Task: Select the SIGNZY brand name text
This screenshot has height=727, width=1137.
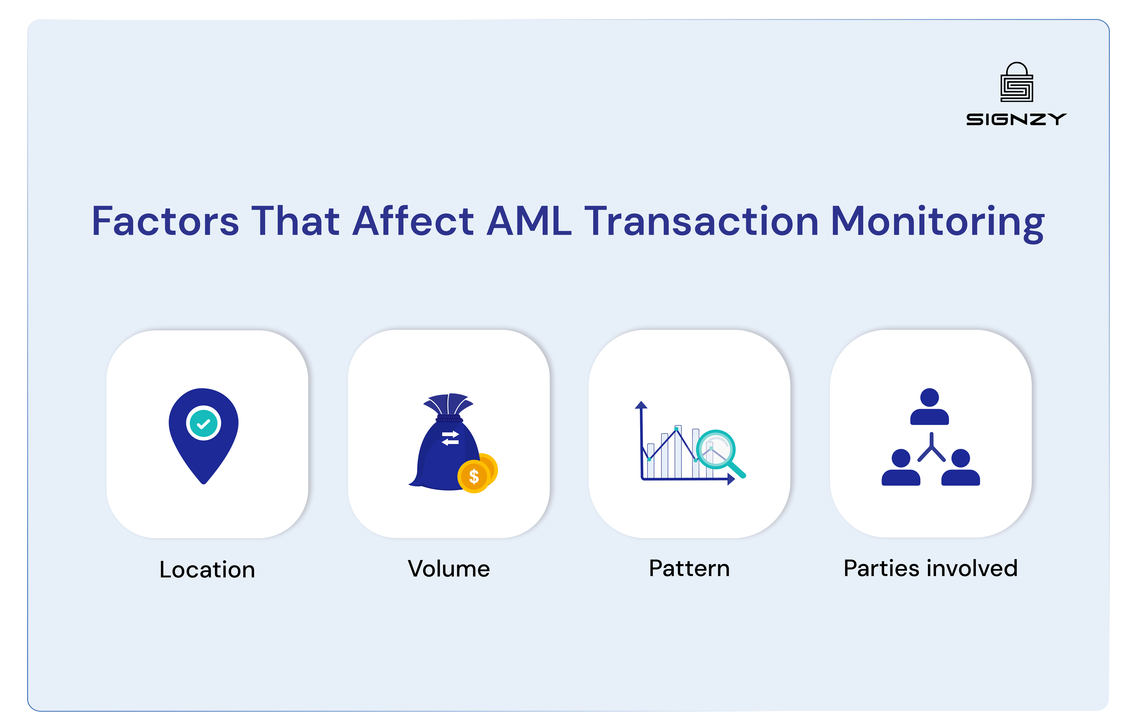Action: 1016,119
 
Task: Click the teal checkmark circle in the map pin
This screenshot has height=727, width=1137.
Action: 204,423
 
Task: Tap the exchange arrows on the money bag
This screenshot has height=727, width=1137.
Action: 450,438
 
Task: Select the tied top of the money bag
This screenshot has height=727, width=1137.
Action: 449,406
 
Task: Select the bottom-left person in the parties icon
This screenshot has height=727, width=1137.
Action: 901,467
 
